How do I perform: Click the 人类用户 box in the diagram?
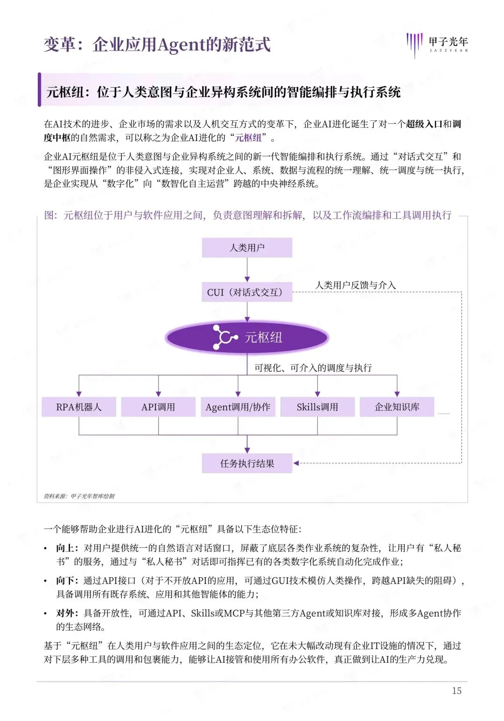coord(247,248)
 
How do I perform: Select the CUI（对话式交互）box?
coord(247,292)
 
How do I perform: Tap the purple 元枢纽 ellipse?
coord(247,337)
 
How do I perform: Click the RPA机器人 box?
coord(79,407)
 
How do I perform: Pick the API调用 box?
coord(158,407)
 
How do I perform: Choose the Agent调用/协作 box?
coord(238,407)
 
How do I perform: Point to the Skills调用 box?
coord(317,407)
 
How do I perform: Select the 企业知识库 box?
coord(397,407)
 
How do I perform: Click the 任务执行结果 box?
coord(247,463)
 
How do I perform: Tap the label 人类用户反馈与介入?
coord(355,285)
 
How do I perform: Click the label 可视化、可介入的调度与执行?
coord(313,368)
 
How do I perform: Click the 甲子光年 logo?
coord(437,45)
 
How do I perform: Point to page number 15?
coord(456,691)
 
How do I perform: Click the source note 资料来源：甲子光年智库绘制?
coord(79,496)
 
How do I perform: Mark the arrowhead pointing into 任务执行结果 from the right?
coord(296,463)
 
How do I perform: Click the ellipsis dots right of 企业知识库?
coord(444,413)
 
